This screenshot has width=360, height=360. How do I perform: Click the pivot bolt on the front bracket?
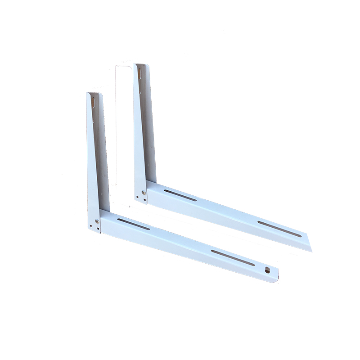97,221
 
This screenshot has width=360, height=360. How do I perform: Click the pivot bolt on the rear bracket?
144,192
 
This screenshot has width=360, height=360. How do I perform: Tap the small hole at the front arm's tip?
268,270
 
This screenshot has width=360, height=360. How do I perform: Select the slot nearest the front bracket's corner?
134,224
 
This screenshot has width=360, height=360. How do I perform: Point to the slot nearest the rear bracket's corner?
180,195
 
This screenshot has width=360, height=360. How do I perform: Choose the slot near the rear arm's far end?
279,229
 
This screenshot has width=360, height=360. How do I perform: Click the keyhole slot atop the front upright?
93,101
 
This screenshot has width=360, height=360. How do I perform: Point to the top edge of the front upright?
94,94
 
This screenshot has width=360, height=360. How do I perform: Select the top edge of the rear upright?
141,64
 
